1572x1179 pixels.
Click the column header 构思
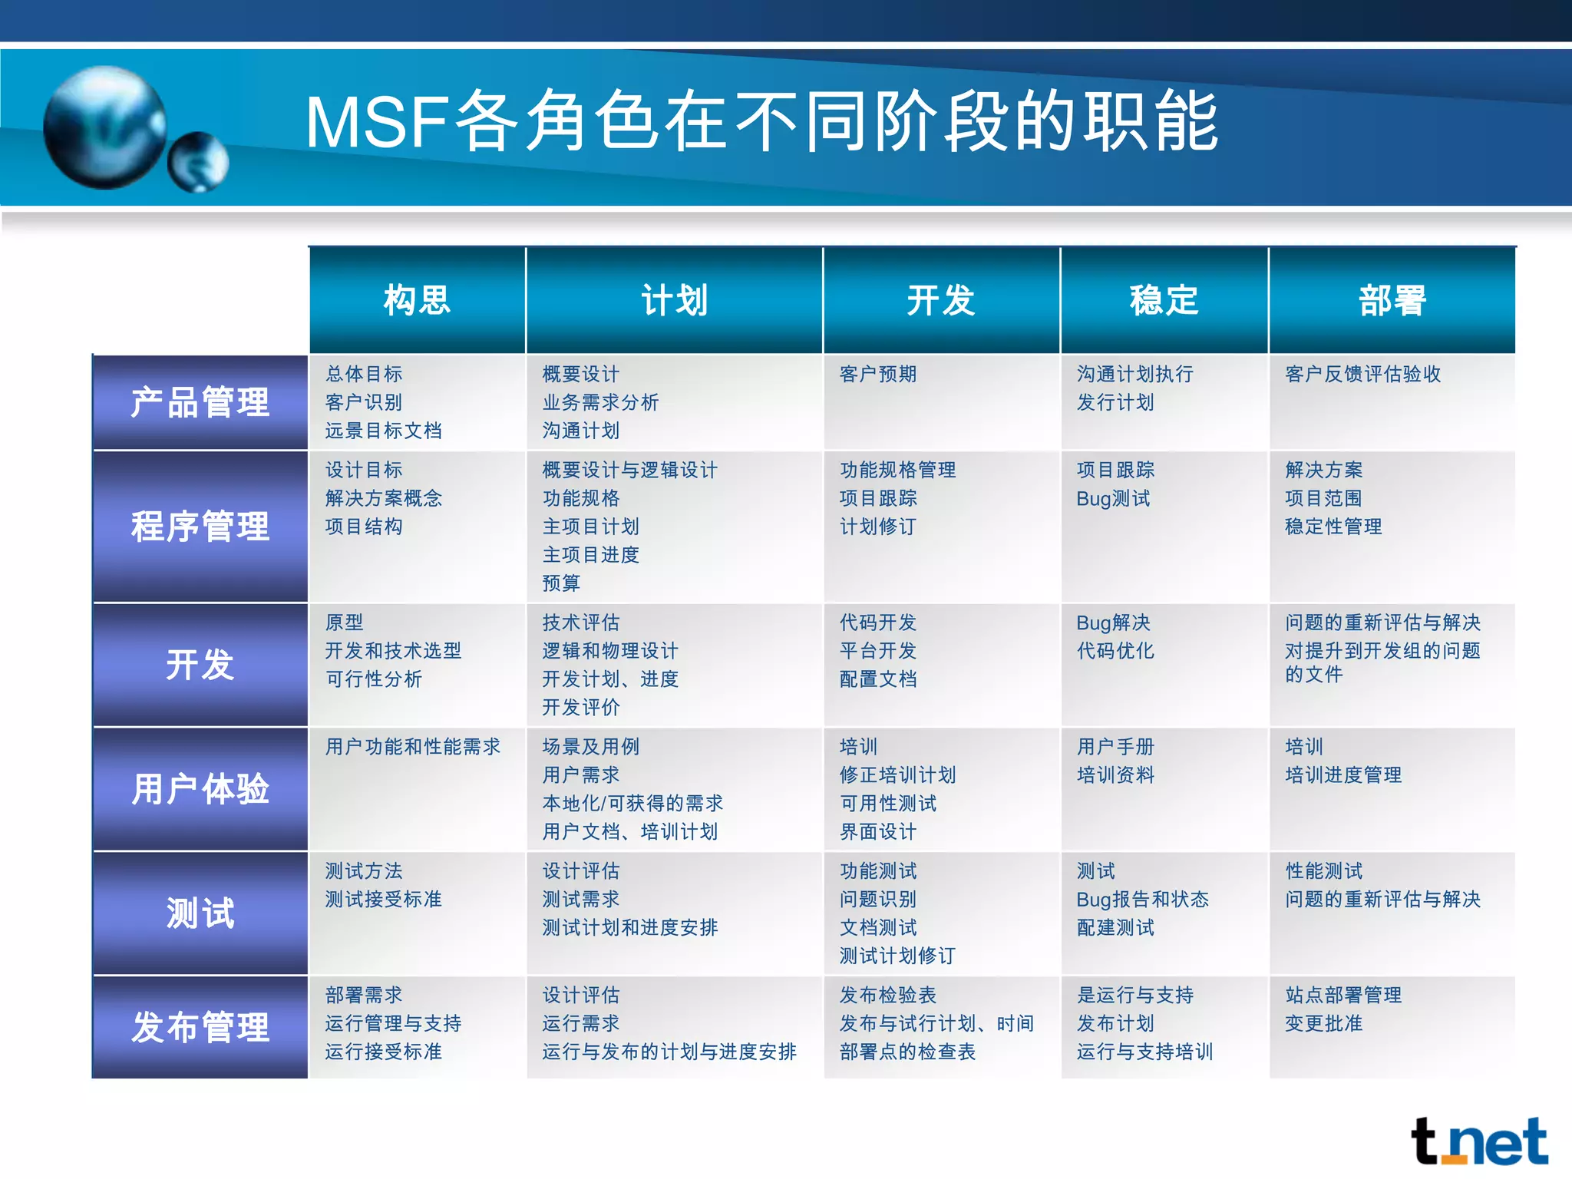pos(417,300)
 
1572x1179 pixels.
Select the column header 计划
pos(674,300)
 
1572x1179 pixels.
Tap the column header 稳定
pos(1164,300)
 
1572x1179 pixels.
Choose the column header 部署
pos(1392,300)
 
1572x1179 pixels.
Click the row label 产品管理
pos(200,402)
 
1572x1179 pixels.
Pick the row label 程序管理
pos(200,527)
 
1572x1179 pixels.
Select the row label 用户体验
pos(200,789)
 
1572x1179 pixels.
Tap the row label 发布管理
pos(200,1027)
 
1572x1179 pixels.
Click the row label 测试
pos(200,913)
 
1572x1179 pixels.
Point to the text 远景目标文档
pos(383,431)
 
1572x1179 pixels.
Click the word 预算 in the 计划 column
pos(561,583)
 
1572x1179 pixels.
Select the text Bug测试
pos(1113,499)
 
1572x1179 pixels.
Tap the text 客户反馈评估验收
pos(1363,374)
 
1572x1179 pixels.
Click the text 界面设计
pos(878,831)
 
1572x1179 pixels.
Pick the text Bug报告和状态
pos(1142,899)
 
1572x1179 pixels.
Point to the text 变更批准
pos(1323,1023)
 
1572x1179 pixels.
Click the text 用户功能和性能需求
pos(412,746)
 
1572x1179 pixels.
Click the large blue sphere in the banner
pos(104,127)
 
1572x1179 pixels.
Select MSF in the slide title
pos(376,123)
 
